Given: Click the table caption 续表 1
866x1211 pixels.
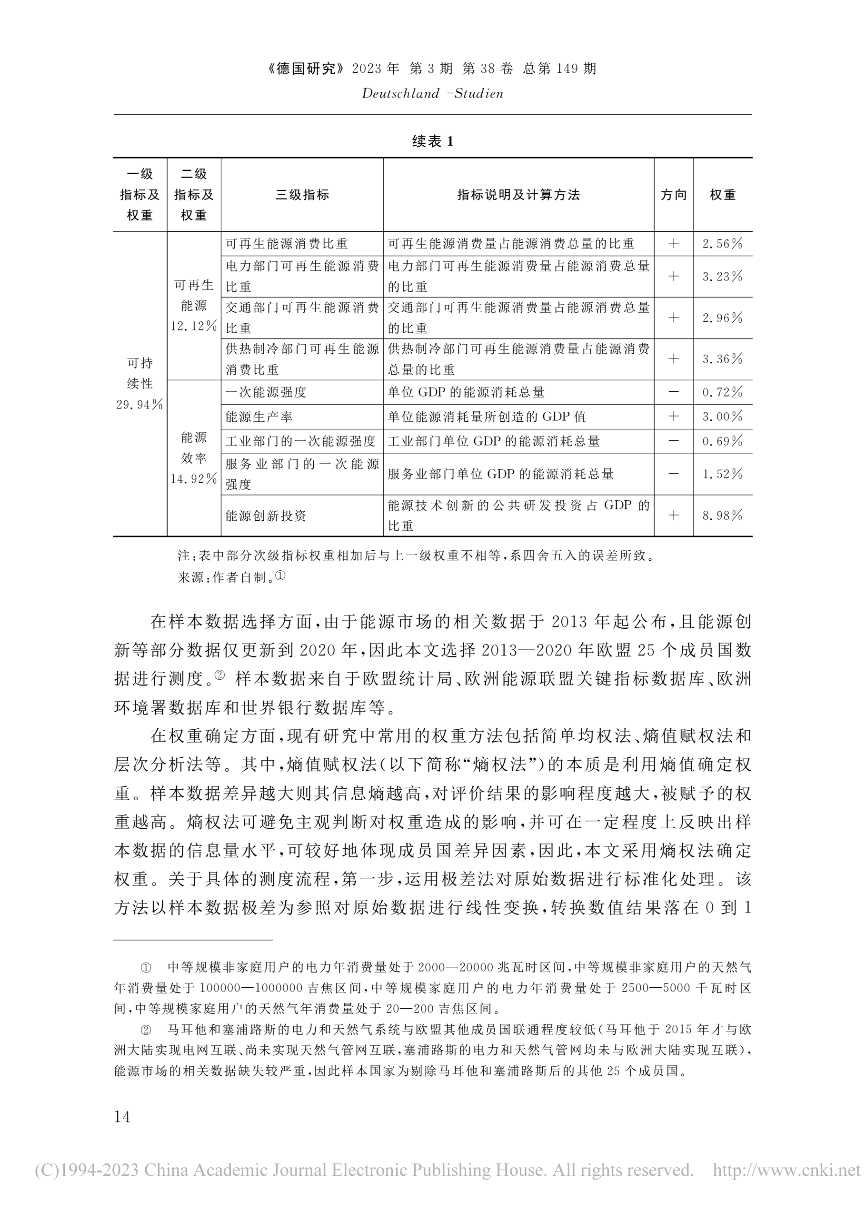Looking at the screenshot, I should [x=432, y=141].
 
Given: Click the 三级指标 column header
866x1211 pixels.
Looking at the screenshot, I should [x=302, y=195].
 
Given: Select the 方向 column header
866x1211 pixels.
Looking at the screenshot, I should [x=674, y=195].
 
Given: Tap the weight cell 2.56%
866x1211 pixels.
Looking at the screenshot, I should [x=722, y=244].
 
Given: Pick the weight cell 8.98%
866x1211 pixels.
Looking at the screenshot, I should [x=722, y=515].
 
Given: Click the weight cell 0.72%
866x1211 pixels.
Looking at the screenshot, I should [x=722, y=392].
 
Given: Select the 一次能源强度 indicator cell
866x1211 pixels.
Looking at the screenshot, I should [x=266, y=392].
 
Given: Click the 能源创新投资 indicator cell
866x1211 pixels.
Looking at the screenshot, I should [x=266, y=516].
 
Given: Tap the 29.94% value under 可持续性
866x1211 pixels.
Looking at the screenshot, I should [x=139, y=404].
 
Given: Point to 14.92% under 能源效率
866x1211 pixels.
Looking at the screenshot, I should [x=194, y=478].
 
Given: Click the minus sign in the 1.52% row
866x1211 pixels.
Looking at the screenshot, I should [x=674, y=474].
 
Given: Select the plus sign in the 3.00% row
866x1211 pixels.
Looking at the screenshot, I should [x=674, y=417].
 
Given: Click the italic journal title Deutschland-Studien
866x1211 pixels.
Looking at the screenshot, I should [x=432, y=93].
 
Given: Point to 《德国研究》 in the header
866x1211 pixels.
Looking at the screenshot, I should [x=307, y=68].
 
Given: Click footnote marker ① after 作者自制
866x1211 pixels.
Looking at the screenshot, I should [x=280, y=576].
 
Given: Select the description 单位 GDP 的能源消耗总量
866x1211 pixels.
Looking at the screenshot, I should [x=466, y=392].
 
